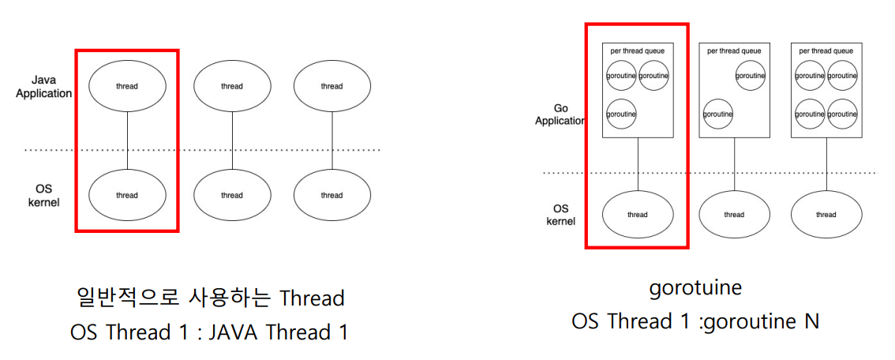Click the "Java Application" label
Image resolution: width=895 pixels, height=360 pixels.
pos(51,87)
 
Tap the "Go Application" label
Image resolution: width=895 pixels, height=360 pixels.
pos(560,114)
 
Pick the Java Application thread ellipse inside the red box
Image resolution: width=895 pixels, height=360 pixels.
pos(126,86)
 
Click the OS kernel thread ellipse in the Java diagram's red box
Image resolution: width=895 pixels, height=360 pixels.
pos(126,195)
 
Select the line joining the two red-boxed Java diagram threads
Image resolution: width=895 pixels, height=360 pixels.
pos(126,141)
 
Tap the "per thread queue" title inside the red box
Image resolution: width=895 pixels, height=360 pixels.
pos(637,51)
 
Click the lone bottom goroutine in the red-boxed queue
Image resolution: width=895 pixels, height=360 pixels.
pos(621,114)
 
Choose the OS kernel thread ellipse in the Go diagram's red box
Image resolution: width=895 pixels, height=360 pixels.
pos(637,214)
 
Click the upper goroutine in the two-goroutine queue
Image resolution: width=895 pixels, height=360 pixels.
pos(750,76)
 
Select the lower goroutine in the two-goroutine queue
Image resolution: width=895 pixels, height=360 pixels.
pos(718,114)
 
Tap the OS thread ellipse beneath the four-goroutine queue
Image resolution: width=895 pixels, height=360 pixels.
pos(826,214)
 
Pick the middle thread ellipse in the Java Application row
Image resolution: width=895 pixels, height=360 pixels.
pos(232,86)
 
